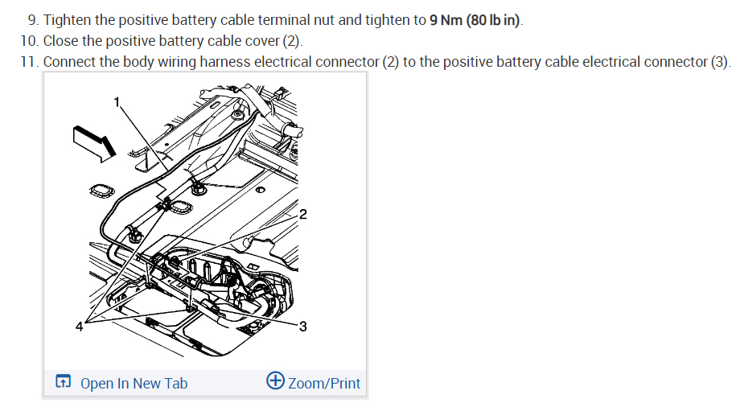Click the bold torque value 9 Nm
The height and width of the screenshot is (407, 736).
pyautogui.click(x=446, y=19)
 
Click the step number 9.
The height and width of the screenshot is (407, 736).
pyautogui.click(x=31, y=19)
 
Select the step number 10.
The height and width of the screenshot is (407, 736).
pyautogui.click(x=29, y=40)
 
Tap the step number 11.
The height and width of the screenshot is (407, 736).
pyautogui.click(x=29, y=62)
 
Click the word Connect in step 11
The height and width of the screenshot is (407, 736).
pyautogui.click(x=71, y=62)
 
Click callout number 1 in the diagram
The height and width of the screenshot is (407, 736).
pyautogui.click(x=117, y=101)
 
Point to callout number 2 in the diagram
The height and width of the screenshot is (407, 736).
pyautogui.click(x=302, y=214)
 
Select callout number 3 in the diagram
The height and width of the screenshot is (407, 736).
pyautogui.click(x=302, y=326)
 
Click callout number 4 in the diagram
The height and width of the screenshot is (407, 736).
pyautogui.click(x=79, y=326)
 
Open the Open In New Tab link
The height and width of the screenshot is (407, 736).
pyautogui.click(x=134, y=383)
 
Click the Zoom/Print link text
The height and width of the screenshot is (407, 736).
pyautogui.click(x=324, y=383)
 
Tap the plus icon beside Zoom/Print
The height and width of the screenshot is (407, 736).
pyautogui.click(x=275, y=381)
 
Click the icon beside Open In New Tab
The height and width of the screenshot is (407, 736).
pyautogui.click(x=63, y=382)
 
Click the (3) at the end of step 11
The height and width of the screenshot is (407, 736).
pyautogui.click(x=719, y=62)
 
